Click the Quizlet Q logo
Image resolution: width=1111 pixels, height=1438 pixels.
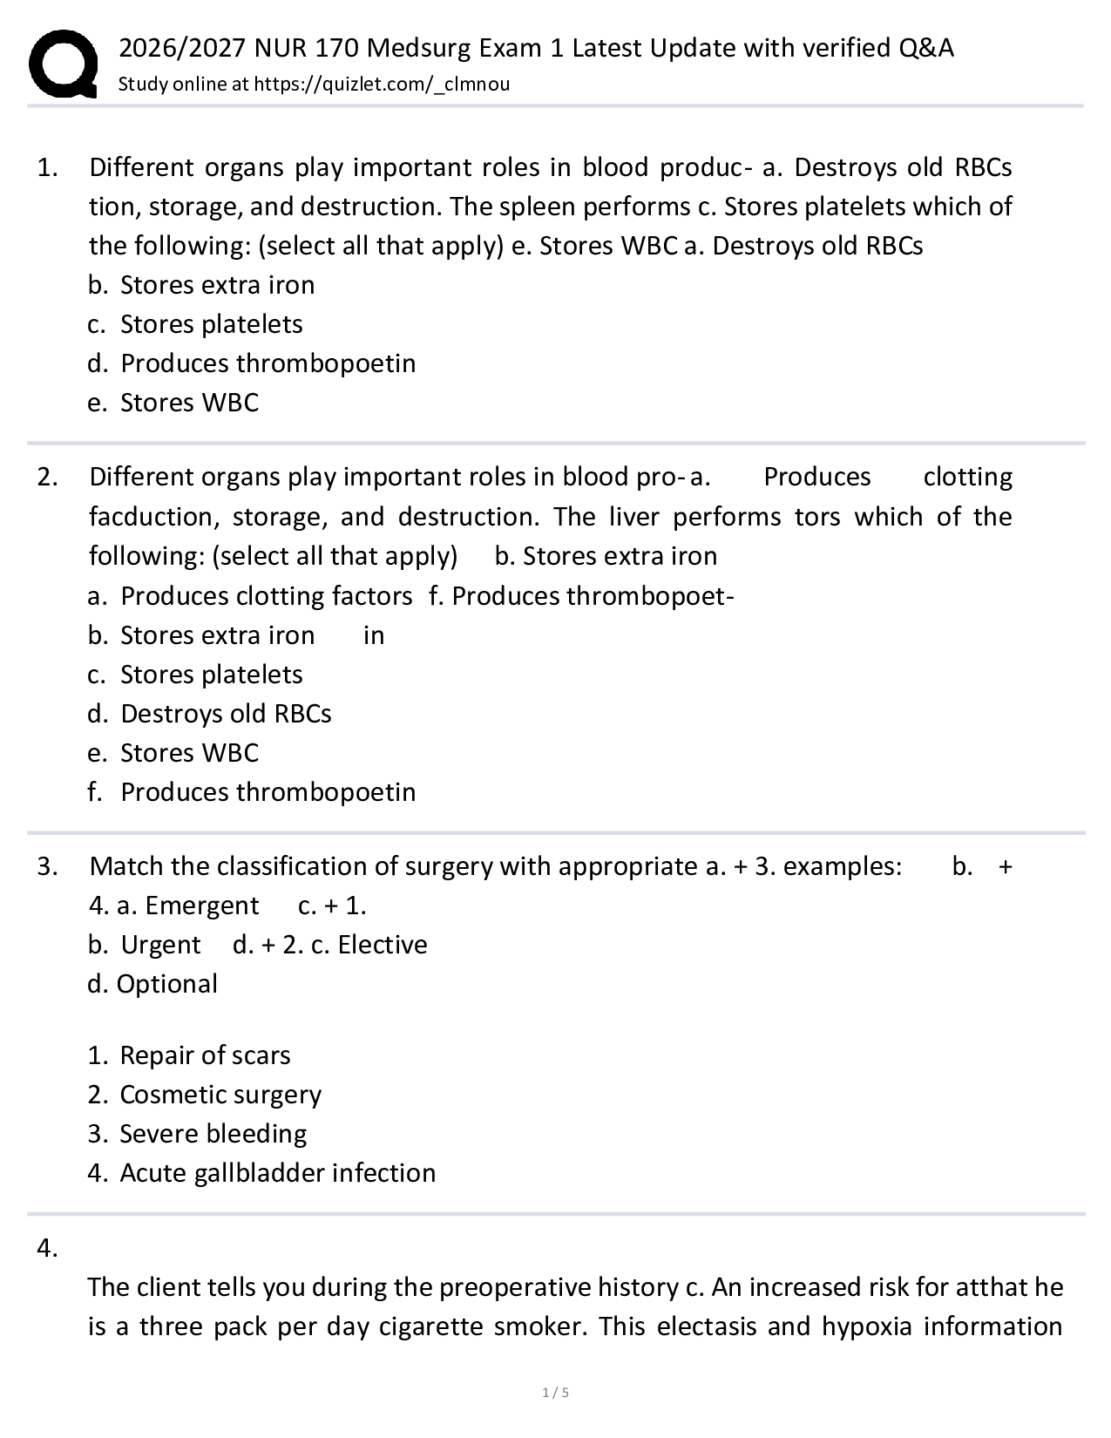pos(63,63)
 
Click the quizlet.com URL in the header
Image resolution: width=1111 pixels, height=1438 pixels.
pos(382,84)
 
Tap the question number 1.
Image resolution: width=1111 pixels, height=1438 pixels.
pos(47,167)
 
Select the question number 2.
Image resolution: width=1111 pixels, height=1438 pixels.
pos(47,477)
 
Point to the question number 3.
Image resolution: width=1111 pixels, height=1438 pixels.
pos(47,866)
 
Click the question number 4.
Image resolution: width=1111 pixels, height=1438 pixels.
pos(47,1249)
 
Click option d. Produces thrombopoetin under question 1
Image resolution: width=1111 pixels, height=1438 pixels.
pos(253,363)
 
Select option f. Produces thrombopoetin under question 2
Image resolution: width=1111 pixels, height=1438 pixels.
pos(253,792)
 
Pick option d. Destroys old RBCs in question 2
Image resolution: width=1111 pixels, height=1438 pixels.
pos(211,714)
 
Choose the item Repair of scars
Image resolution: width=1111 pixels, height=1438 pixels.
pos(190,1055)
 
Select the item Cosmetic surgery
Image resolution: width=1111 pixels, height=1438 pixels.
pos(206,1095)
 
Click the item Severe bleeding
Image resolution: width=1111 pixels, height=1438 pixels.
pos(199,1134)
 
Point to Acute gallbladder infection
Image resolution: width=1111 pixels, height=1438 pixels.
pos(262,1173)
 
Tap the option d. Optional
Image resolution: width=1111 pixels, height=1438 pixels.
pos(153,984)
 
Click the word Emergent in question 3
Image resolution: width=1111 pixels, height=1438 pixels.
pos(201,906)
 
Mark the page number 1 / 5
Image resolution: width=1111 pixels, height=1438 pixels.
pos(555,1393)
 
